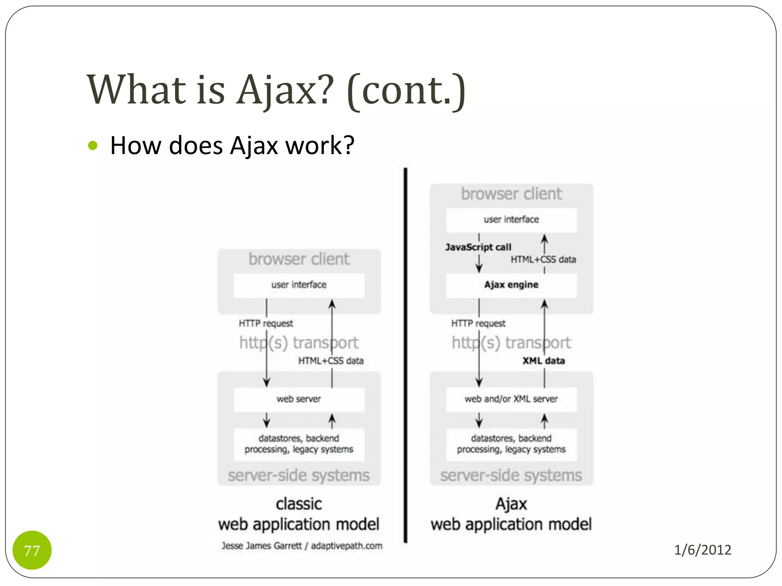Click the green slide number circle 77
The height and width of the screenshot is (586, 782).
pos(32,550)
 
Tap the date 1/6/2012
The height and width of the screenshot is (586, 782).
pos(702,550)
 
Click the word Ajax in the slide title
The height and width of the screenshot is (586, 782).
pos(285,90)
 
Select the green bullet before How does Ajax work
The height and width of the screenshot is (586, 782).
pos(93,145)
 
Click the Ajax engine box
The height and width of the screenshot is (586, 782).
pos(511,285)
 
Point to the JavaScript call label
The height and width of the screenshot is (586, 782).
pos(478,247)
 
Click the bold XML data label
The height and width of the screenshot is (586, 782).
pos(543,361)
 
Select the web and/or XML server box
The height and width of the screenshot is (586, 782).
pos(511,399)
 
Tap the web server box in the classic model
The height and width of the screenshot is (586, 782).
pos(299,399)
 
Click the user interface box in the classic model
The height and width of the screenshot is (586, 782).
pos(299,285)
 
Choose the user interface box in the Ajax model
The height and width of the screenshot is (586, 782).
pos(511,220)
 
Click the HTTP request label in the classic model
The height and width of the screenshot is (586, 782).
pos(266,324)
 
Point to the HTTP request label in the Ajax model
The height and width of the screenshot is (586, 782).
pos(478,324)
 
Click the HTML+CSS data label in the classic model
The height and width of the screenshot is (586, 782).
pos(331,361)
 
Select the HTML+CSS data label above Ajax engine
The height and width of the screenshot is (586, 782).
pos(543,259)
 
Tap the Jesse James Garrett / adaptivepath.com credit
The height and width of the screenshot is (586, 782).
pos(302,546)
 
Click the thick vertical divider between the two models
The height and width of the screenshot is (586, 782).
pos(405,355)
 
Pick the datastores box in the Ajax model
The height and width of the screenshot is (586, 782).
pos(511,444)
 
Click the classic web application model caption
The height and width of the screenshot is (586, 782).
pos(299,514)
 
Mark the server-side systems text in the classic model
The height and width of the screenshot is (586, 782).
pos(299,475)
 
